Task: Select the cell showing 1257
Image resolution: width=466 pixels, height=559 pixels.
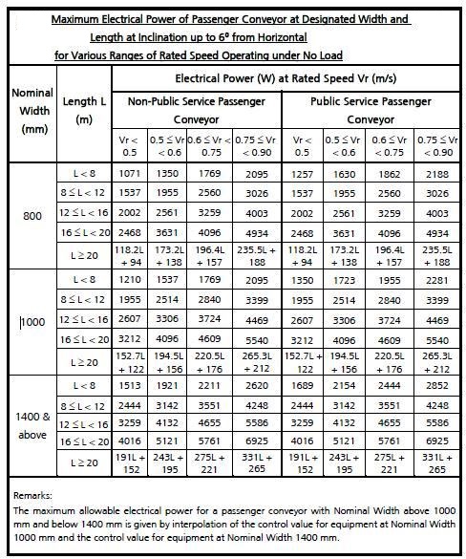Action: (x=302, y=175)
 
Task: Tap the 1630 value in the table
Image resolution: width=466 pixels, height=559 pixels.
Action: (x=345, y=175)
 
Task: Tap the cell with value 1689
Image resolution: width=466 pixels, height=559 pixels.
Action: (x=302, y=388)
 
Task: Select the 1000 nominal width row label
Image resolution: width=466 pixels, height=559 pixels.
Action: (x=32, y=323)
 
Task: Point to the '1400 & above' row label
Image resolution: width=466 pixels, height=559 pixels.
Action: (x=32, y=425)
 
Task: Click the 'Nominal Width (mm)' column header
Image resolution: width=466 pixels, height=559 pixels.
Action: (x=32, y=112)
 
